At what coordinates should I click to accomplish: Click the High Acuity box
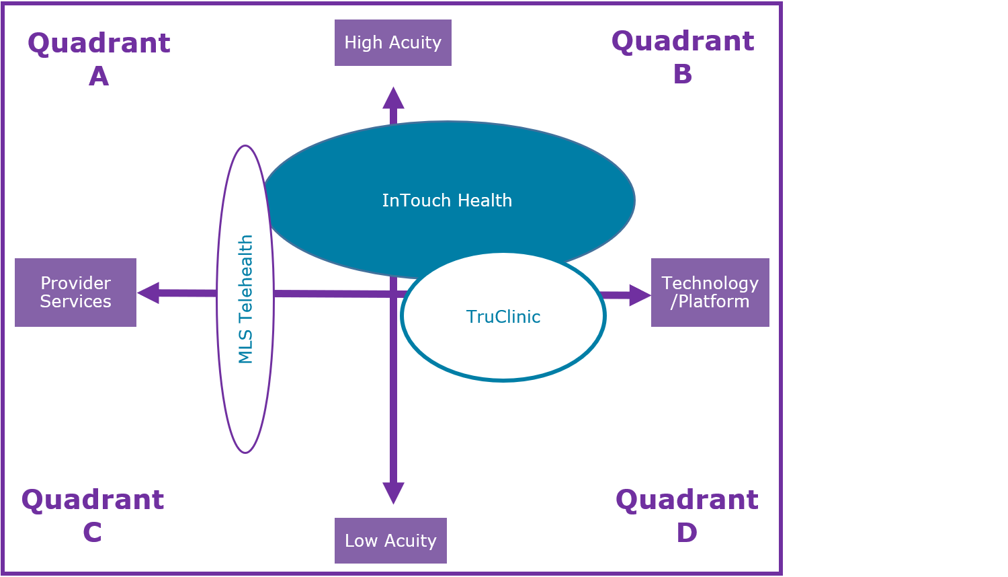tap(393, 43)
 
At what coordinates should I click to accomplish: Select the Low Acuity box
tap(390, 541)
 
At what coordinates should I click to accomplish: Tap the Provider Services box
tap(75, 293)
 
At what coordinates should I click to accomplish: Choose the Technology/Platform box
tap(710, 293)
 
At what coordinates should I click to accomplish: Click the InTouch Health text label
tap(447, 200)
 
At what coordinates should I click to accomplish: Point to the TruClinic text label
tap(503, 317)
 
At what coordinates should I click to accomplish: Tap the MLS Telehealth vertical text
tap(245, 299)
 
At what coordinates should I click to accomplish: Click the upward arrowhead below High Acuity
tap(393, 98)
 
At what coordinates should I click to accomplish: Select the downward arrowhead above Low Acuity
tap(393, 493)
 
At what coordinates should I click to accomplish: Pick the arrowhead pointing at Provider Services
tap(148, 293)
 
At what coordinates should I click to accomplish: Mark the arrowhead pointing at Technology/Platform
tap(640, 295)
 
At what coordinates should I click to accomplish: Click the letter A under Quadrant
tap(99, 76)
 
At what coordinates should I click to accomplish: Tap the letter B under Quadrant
tap(683, 74)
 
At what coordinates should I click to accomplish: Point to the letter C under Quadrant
tap(92, 532)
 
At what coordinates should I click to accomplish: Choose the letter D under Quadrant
tap(687, 533)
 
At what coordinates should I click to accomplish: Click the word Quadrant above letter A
tap(99, 44)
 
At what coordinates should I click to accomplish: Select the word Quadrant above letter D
tap(687, 500)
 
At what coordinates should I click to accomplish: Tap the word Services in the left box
tap(75, 301)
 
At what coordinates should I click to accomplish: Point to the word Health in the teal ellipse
tap(485, 200)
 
